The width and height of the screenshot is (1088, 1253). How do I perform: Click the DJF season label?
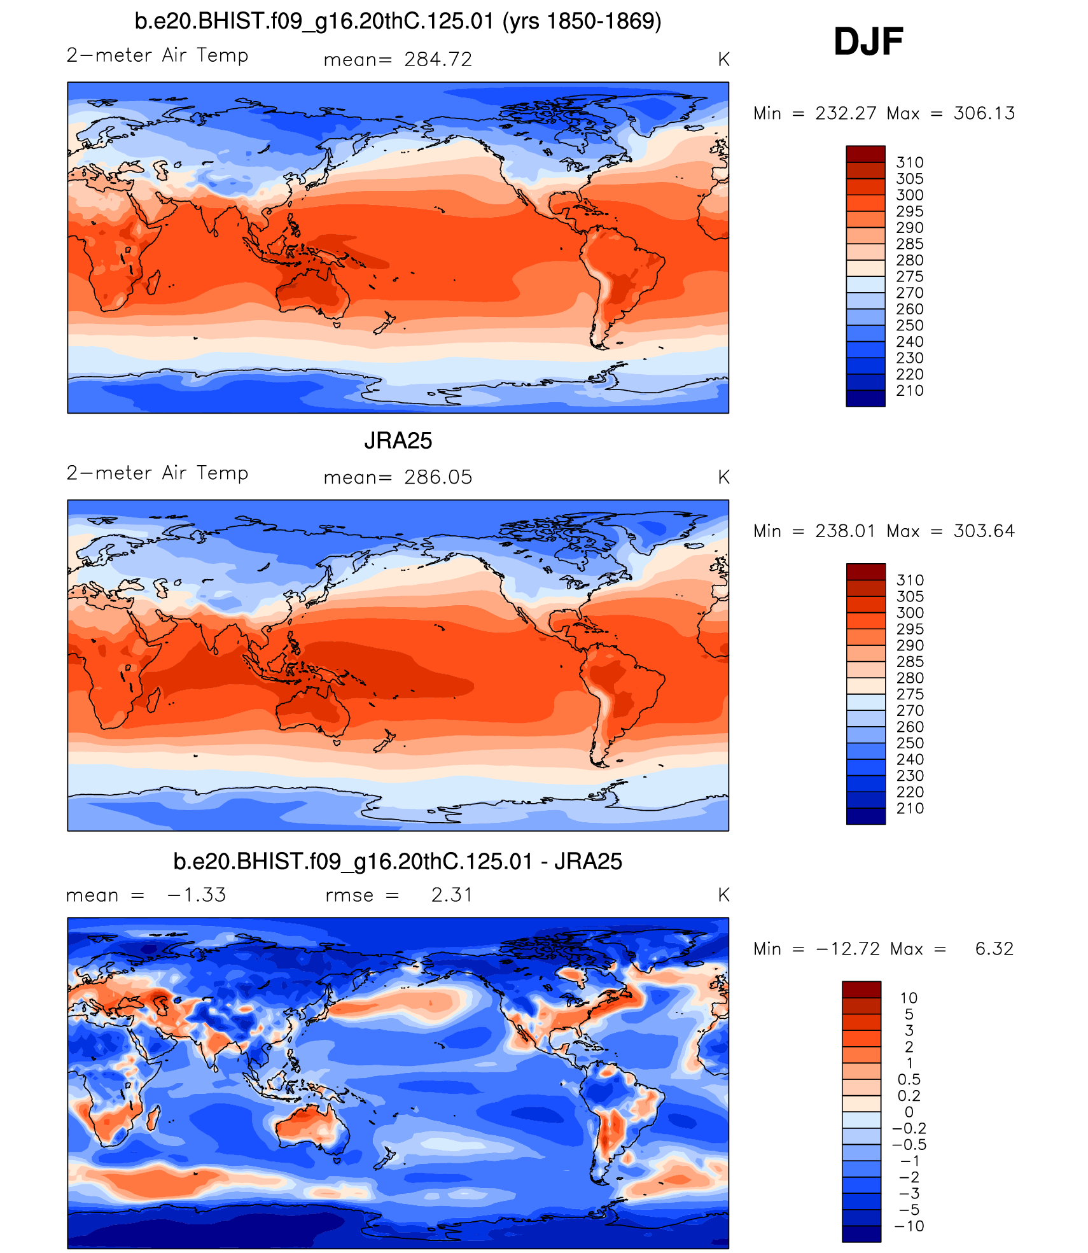point(868,42)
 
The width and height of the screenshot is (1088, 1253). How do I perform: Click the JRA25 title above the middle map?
point(398,440)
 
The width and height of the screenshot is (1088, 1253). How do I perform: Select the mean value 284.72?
point(438,59)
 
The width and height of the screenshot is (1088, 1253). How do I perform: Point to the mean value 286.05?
point(438,477)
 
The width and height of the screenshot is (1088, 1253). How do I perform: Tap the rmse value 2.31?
point(451,895)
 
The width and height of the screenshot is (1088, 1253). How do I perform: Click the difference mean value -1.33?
point(196,895)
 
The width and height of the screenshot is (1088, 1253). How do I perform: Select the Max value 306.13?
point(984,113)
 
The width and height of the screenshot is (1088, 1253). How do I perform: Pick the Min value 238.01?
point(845,531)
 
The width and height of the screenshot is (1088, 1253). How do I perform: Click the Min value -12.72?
point(847,949)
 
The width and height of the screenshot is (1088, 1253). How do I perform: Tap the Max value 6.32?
point(994,949)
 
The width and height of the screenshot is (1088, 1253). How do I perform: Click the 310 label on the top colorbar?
point(909,162)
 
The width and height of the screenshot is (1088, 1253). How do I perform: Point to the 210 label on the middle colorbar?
point(910,808)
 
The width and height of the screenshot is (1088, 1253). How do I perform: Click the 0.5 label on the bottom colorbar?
point(909,1079)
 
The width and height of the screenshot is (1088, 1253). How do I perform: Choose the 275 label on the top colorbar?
point(909,276)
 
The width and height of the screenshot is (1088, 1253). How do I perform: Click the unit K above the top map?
point(723,60)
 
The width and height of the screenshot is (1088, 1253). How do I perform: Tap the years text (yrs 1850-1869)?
point(582,22)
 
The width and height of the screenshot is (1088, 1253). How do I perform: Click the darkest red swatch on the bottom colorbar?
point(861,989)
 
